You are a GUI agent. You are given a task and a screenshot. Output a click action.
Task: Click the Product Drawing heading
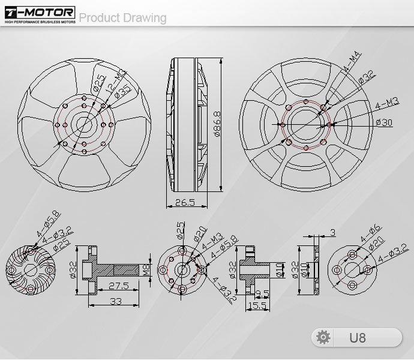pos(122,17)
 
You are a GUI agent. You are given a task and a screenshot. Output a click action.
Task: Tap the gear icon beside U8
pos(323,337)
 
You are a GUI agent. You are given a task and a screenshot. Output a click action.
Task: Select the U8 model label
pos(358,337)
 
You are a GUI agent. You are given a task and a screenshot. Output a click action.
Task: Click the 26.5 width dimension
pos(185,203)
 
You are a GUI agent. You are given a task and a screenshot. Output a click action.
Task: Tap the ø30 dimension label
pos(383,122)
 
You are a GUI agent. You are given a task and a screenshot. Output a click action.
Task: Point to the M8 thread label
pos(146,271)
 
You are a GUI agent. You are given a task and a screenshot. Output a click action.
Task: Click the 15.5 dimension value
pos(259,305)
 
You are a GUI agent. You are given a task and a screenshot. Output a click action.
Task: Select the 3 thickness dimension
pos(332,232)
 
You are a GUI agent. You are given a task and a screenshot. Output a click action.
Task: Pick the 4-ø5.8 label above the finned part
pos(47,224)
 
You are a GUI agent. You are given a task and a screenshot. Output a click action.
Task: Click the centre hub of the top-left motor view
pos(83,124)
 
